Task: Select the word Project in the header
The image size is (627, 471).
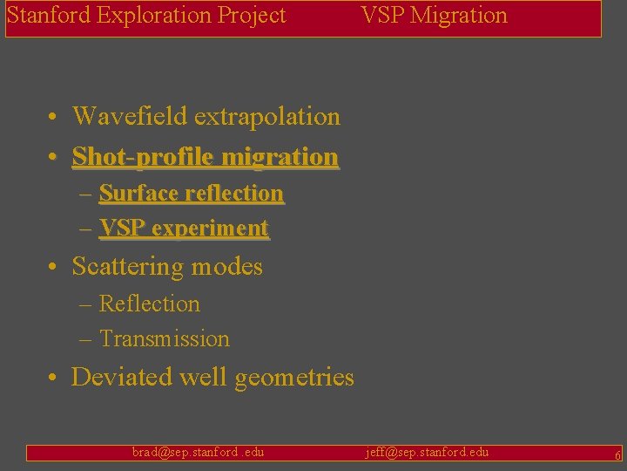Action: click(x=253, y=16)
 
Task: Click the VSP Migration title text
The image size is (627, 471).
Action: click(x=434, y=16)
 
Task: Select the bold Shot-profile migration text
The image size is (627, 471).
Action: click(x=205, y=157)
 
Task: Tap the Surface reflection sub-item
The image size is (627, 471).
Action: click(x=191, y=193)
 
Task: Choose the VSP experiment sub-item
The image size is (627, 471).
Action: click(x=184, y=229)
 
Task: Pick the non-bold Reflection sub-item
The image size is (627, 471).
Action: click(x=150, y=304)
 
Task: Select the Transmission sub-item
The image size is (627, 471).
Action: click(x=165, y=338)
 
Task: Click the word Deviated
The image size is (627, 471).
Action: click(x=122, y=377)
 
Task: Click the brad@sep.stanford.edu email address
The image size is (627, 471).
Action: click(x=198, y=452)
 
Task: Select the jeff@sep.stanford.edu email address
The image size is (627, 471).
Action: click(x=427, y=452)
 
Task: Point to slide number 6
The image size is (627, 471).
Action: click(x=617, y=455)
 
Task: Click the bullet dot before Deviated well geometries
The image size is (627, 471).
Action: click(x=54, y=378)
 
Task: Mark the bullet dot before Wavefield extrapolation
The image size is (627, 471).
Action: click(x=54, y=117)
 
